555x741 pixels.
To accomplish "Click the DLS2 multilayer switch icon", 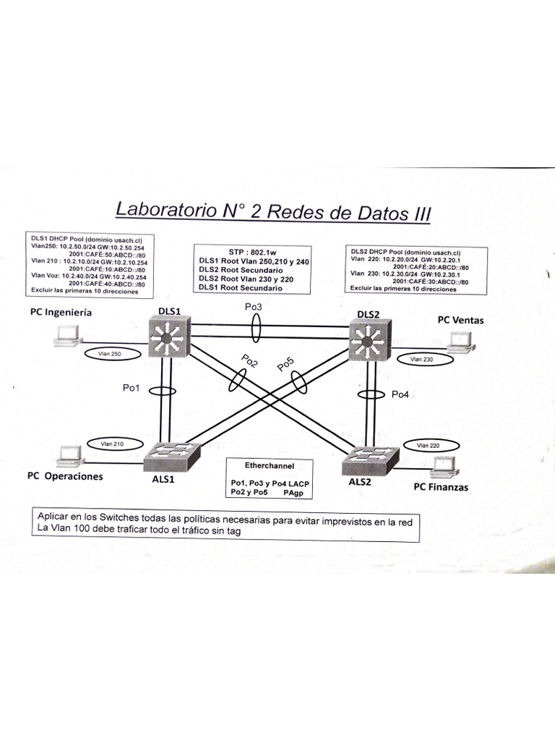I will pyautogui.click(x=369, y=340).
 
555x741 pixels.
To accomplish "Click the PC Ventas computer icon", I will pyautogui.click(x=460, y=342).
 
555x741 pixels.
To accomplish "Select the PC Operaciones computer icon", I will pyautogui.click(x=70, y=455).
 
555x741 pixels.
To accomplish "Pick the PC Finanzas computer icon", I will pyautogui.click(x=442, y=467).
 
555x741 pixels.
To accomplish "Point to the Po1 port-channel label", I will pyautogui.click(x=132, y=389).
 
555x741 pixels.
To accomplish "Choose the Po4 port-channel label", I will pyautogui.click(x=400, y=394).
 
